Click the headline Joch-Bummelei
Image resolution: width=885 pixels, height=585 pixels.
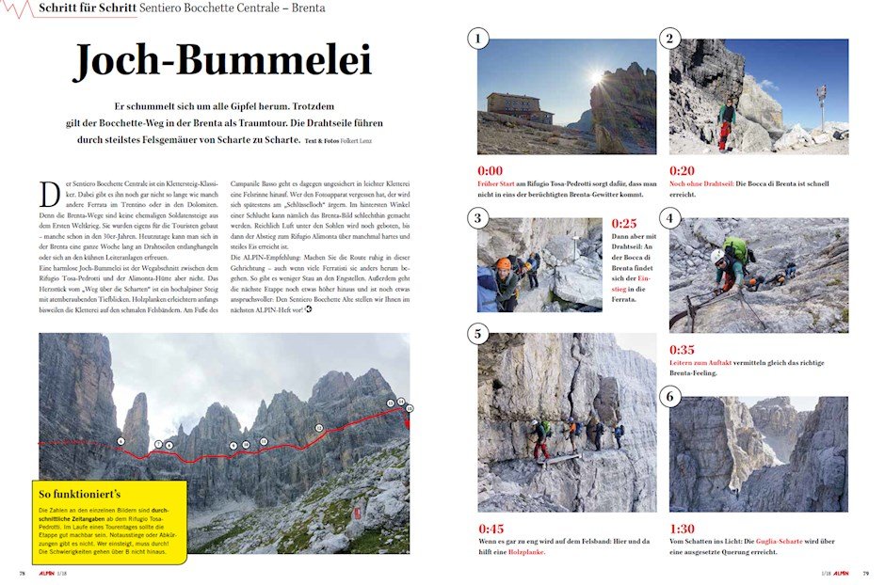pyautogui.click(x=223, y=61)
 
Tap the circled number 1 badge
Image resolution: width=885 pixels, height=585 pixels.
pyautogui.click(x=479, y=39)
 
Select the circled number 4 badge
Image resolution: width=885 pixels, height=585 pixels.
pyautogui.click(x=670, y=218)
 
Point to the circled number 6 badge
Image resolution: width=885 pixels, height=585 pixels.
pyautogui.click(x=670, y=396)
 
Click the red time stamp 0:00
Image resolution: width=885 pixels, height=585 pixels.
pyautogui.click(x=490, y=170)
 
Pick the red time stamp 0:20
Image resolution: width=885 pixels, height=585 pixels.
pyautogui.click(x=682, y=170)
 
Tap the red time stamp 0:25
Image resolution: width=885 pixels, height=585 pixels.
pyautogui.click(x=624, y=224)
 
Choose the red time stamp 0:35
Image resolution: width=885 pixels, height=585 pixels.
pyautogui.click(x=682, y=350)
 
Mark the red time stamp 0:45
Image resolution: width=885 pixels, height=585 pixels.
pyautogui.click(x=491, y=529)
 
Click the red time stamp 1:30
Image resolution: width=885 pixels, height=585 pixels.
pyautogui.click(x=682, y=529)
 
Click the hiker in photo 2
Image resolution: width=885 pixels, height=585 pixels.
pyautogui.click(x=725, y=121)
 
